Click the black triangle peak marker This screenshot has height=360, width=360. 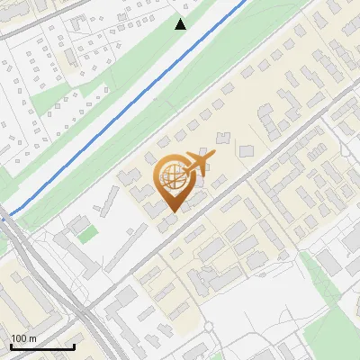(181, 24)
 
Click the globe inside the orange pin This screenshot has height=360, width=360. (170, 177)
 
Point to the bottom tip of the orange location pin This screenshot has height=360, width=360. (171, 212)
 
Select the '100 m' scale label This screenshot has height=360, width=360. (23, 337)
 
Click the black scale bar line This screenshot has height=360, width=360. (42, 346)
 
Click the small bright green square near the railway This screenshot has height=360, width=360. (86, 234)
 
